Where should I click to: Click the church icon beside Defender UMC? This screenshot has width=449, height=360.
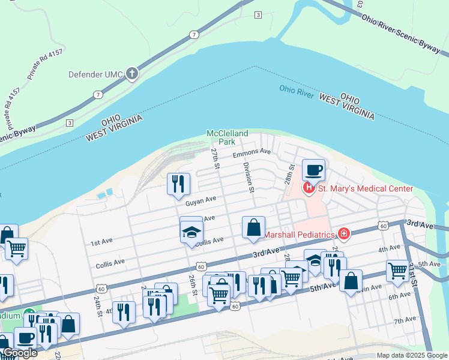[x=131, y=74]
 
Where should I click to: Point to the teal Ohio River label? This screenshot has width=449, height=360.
[x=297, y=91]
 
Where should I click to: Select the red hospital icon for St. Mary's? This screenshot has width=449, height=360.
[x=309, y=189]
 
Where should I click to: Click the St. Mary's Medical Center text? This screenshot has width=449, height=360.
[x=365, y=189]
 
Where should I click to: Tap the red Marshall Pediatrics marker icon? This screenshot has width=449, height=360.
[x=343, y=233]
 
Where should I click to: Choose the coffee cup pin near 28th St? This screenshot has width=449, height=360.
[x=313, y=170]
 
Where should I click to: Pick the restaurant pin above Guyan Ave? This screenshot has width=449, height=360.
[x=178, y=184]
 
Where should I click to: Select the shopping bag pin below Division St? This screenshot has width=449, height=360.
[x=253, y=228]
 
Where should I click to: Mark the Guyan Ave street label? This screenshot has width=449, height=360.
[x=200, y=202]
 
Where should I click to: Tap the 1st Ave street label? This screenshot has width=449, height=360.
[x=102, y=243]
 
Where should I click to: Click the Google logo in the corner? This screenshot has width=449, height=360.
[x=19, y=353]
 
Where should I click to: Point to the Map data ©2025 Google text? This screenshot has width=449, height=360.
[x=412, y=355]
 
